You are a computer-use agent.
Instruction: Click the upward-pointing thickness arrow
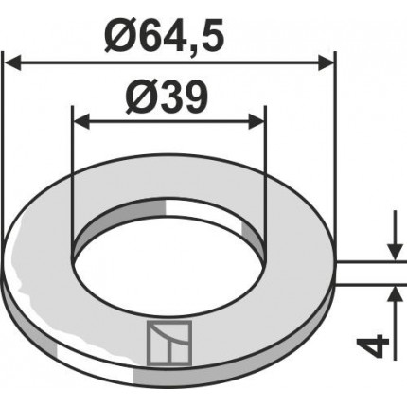point(391,296)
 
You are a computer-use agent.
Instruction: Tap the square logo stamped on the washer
point(169,342)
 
